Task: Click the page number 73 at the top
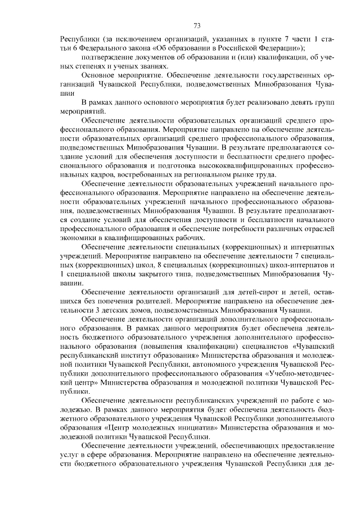coord(197,25)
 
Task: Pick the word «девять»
coord(283,102)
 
